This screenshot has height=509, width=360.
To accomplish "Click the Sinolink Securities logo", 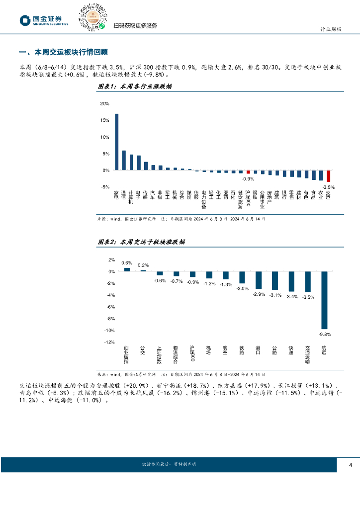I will [x=44, y=20].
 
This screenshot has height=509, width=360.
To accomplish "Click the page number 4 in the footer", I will [x=351, y=464].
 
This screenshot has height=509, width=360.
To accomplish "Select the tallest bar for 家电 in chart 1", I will [x=117, y=142].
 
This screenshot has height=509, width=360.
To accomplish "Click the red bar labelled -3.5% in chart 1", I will [x=328, y=176].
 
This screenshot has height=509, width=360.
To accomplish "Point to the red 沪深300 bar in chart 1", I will [x=248, y=172].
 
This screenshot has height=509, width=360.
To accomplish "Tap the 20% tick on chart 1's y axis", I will [x=105, y=103].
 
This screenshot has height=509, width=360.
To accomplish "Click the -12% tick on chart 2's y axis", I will [x=110, y=342].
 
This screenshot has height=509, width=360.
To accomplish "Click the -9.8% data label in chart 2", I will [x=325, y=334].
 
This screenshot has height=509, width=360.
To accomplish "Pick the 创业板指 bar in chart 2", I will [x=127, y=269].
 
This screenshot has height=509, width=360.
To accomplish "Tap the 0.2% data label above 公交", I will [x=143, y=265].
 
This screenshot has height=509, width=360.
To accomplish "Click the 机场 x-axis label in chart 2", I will [x=209, y=350].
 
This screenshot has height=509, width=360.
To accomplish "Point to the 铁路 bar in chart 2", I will [x=242, y=277].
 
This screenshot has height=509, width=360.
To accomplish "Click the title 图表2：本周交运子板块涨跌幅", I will [x=141, y=242].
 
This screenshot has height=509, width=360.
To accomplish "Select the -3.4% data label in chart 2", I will [x=291, y=297].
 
